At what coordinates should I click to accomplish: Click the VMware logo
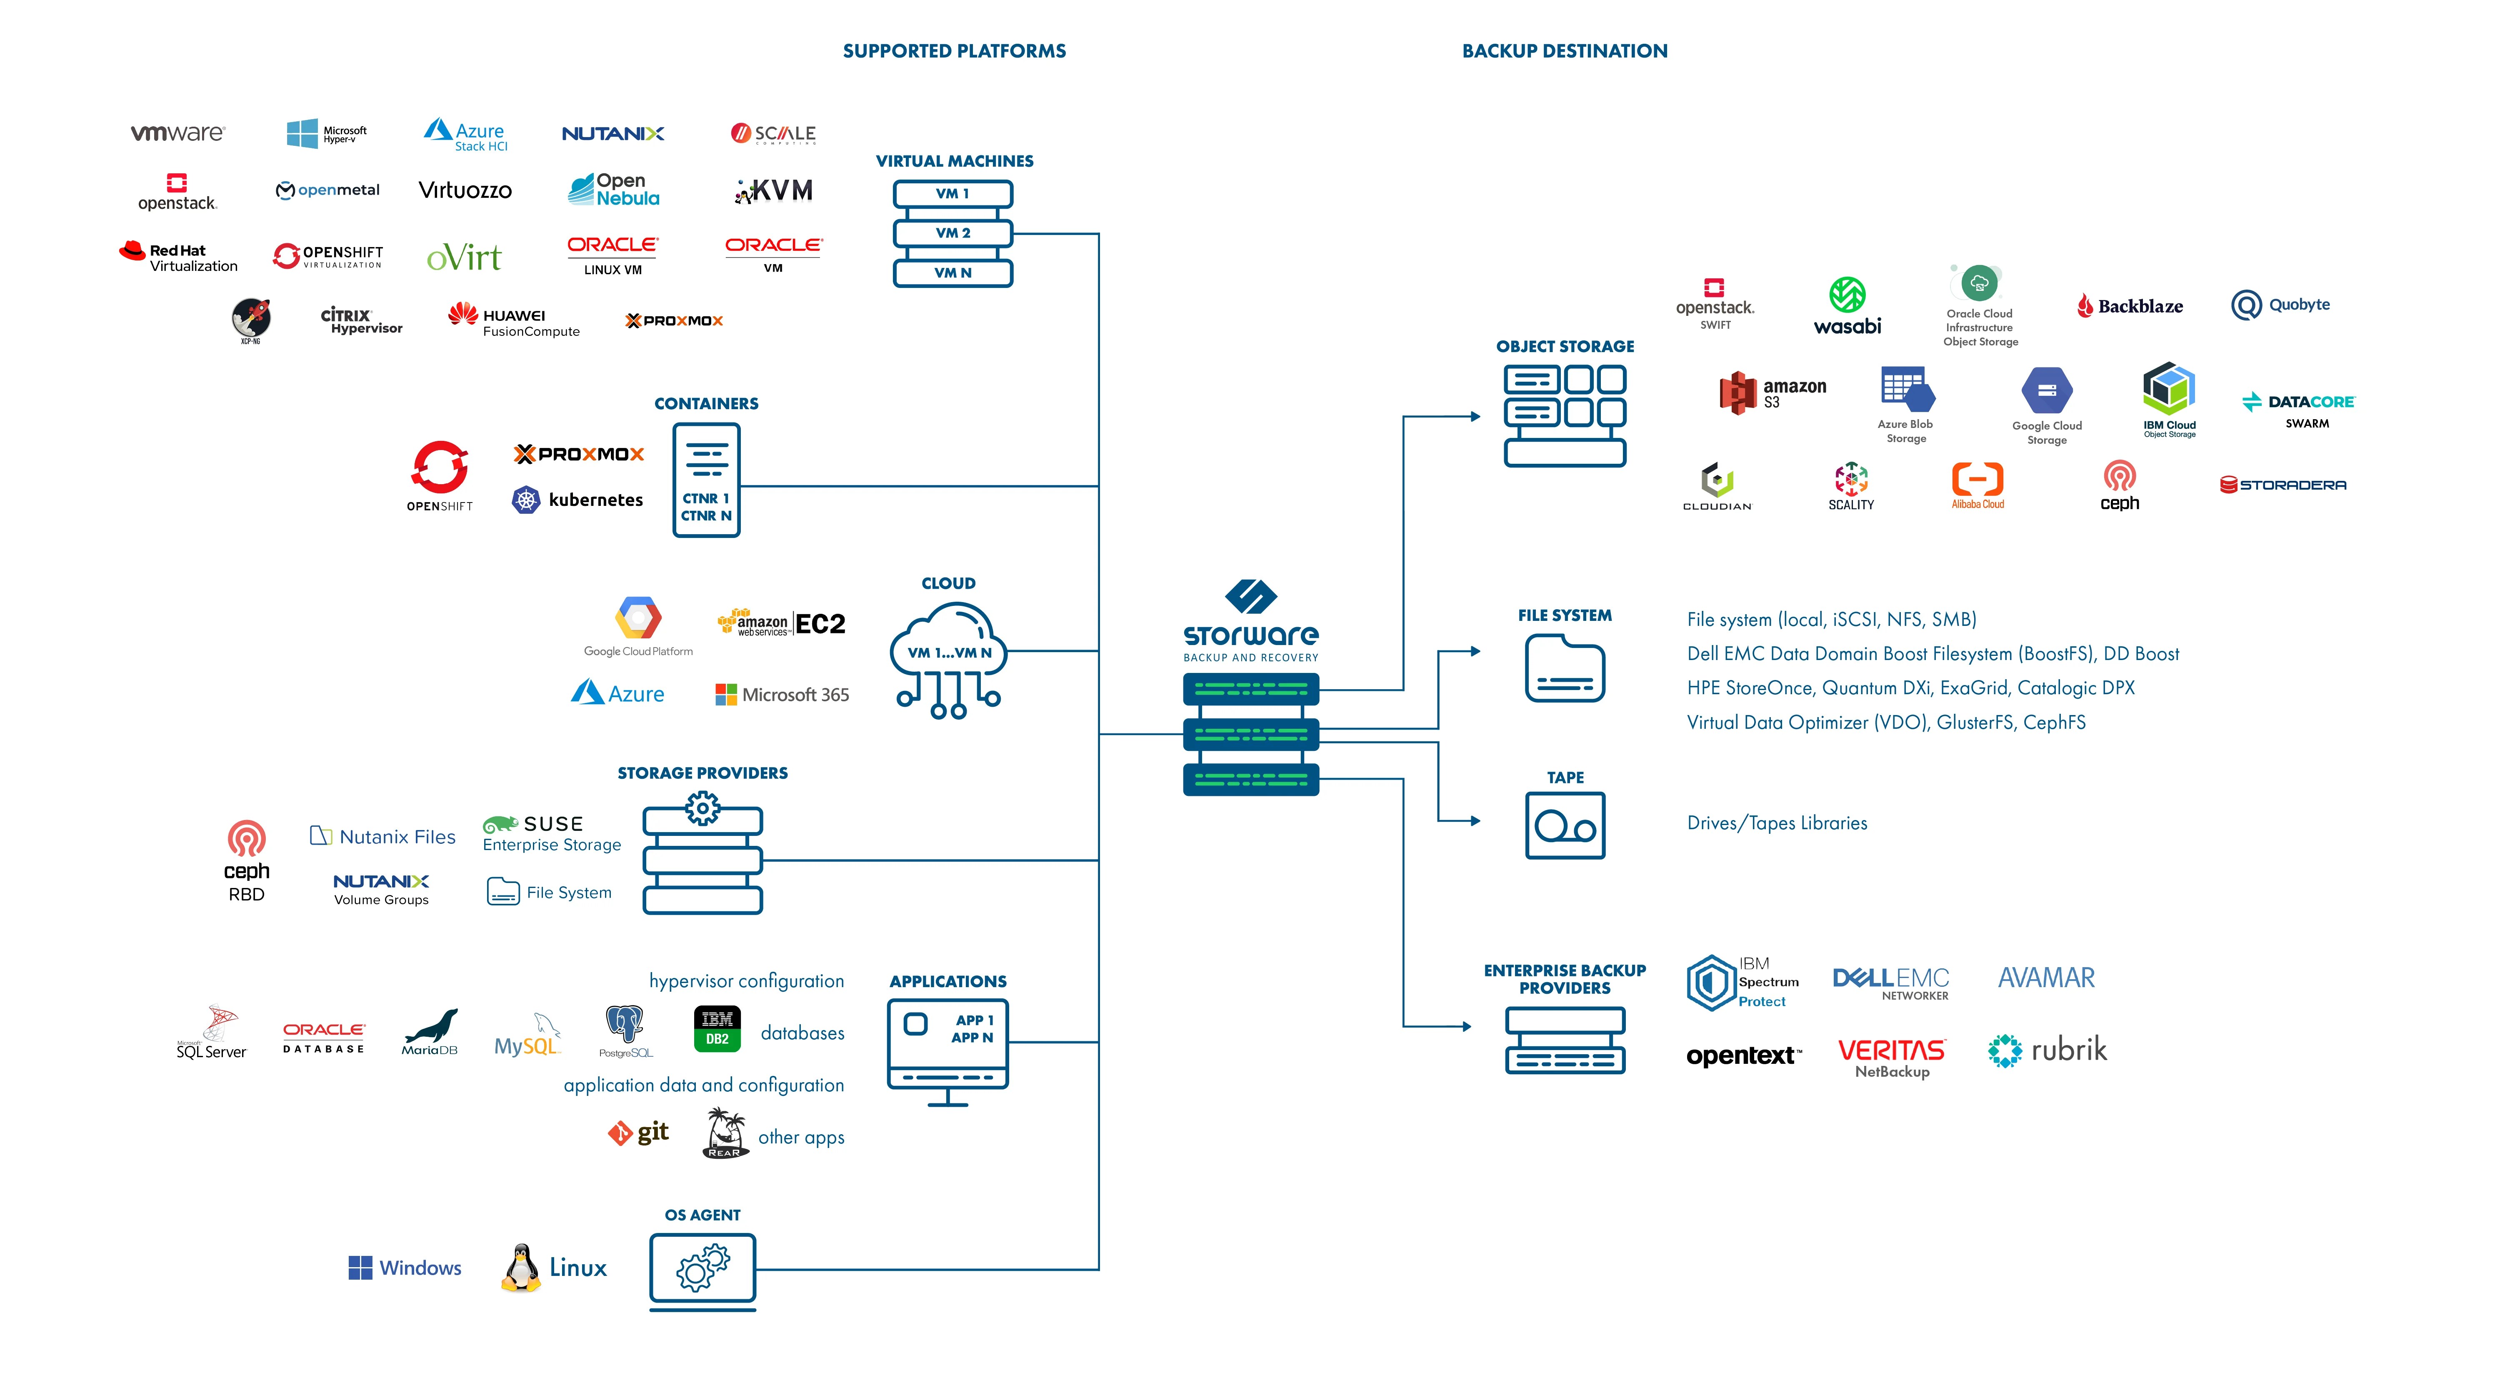[177, 133]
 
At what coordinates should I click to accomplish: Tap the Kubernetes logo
[578, 500]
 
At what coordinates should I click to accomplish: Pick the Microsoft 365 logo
[782, 695]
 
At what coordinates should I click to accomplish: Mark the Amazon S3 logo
[1772, 393]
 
